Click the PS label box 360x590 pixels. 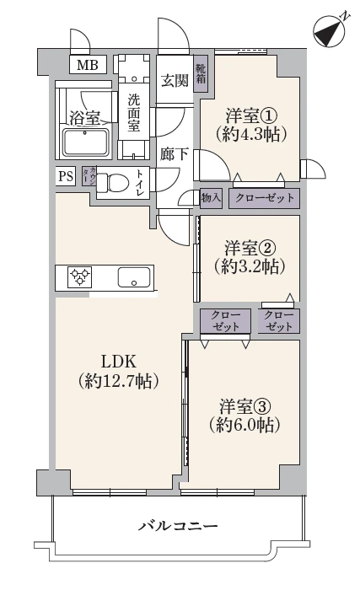pyautogui.click(x=65, y=177)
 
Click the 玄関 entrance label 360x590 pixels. pyautogui.click(x=175, y=80)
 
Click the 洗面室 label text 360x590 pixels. pyautogui.click(x=134, y=111)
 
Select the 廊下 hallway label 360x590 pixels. pyautogui.click(x=174, y=154)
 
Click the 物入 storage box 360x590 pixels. pyautogui.click(x=212, y=198)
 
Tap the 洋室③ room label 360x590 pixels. pyautogui.click(x=245, y=404)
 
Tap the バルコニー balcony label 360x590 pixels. pyautogui.click(x=178, y=526)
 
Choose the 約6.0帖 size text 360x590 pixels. pyautogui.click(x=245, y=426)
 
